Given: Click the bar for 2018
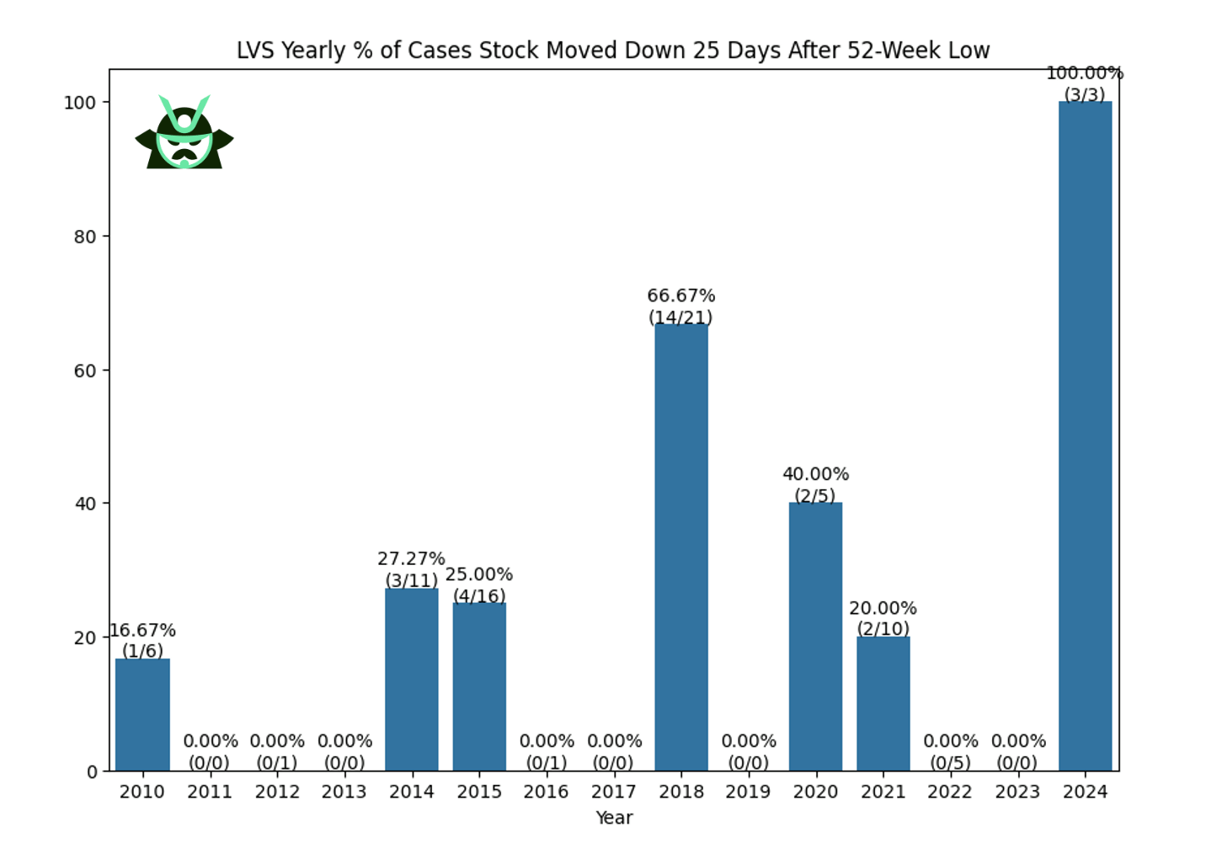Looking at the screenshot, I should (x=680, y=547).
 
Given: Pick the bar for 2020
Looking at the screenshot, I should (x=815, y=637).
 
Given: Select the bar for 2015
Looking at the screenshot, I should (x=479, y=686).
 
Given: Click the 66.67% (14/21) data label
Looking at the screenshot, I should (x=680, y=307).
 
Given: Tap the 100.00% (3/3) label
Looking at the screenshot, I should (x=1085, y=84).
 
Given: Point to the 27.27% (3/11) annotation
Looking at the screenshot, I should (x=411, y=569).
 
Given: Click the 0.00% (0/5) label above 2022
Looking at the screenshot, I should (x=950, y=752).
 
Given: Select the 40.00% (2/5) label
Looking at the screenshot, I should (x=815, y=485).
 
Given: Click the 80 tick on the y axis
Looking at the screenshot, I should (x=85, y=237).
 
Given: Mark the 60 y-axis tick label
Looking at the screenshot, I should (x=85, y=371).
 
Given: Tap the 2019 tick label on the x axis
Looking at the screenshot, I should (x=748, y=792).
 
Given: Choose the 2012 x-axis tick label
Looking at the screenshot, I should (x=277, y=792).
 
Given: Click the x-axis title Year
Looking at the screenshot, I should (x=614, y=818).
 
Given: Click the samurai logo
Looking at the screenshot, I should (x=184, y=132).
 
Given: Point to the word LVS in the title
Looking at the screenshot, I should (x=255, y=51).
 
